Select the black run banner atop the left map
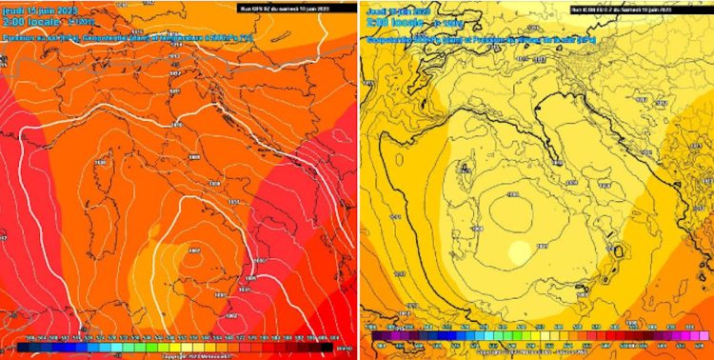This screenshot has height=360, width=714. (296, 7)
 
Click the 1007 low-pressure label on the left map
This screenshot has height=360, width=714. (193, 250)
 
